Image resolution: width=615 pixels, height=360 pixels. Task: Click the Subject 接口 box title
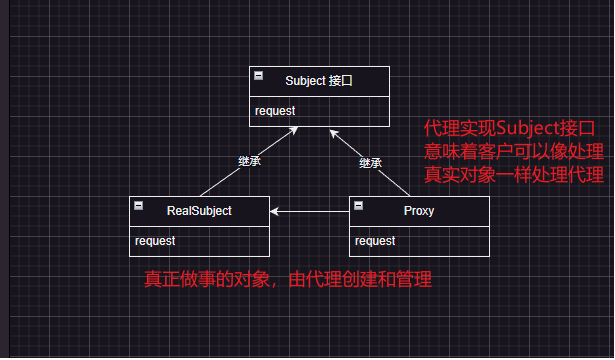pos(319,80)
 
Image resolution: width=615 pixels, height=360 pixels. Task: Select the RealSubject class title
pos(199,210)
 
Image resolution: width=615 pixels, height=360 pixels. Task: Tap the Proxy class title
pos(419,210)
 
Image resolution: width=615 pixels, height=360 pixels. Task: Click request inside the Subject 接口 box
pos(275,110)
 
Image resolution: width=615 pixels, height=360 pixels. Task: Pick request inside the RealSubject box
pos(155,240)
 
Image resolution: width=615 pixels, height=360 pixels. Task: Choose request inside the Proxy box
pos(375,240)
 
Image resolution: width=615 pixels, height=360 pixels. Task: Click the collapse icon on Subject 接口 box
pos(259,75)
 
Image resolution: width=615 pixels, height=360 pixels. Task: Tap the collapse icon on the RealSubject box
pos(139,205)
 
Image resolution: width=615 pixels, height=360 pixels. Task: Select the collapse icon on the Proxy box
pos(359,205)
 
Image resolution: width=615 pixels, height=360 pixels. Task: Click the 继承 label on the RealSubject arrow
pos(250,161)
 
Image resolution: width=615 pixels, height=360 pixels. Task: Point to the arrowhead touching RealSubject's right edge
pos(275,212)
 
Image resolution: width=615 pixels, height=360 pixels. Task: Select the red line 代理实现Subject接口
pos(510,129)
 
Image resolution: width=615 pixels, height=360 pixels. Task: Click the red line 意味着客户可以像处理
pos(514,152)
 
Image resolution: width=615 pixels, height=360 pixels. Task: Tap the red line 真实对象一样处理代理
pos(514,176)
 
